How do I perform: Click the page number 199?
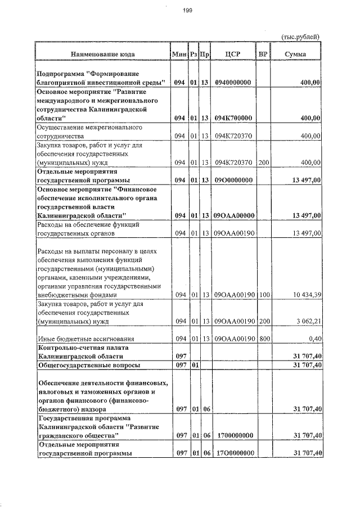[187, 9]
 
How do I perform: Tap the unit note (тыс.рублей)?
[300, 37]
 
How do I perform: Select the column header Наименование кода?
[102, 55]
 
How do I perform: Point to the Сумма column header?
[295, 55]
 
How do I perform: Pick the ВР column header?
[263, 55]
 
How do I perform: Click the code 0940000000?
[233, 83]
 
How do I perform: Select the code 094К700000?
[233, 118]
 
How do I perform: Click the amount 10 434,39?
[304, 295]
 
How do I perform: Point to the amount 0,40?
[313, 339]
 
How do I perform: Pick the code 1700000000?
[233, 435]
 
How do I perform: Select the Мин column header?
[179, 55]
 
